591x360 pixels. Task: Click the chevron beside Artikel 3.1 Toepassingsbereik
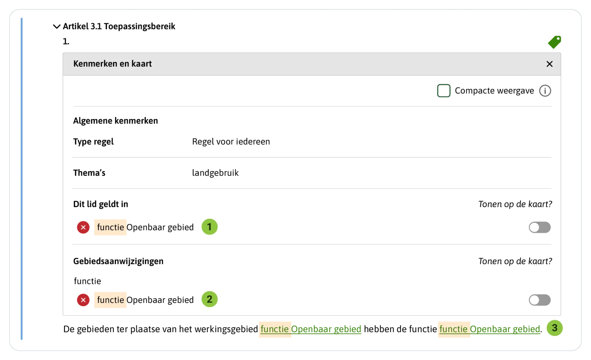click(57, 26)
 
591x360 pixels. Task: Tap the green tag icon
click(554, 42)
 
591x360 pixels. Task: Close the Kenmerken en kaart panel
click(550, 64)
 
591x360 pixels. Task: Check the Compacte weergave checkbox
click(444, 91)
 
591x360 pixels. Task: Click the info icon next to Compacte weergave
click(545, 91)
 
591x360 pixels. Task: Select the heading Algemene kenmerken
click(116, 121)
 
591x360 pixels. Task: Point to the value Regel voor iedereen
click(231, 142)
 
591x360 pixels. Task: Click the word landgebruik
click(215, 173)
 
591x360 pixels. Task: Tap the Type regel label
click(93, 142)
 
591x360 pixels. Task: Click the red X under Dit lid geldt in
click(83, 227)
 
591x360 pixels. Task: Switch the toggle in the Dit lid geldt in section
click(540, 227)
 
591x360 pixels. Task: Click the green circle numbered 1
click(209, 227)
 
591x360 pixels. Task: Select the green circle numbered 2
click(209, 299)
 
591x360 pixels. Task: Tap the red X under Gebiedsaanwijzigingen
click(83, 300)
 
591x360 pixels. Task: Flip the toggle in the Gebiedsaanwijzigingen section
click(540, 300)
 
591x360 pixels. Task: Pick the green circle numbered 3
click(554, 328)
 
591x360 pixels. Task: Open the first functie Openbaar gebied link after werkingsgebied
click(311, 329)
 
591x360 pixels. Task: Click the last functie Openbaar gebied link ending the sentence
click(490, 329)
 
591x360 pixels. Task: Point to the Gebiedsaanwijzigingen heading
click(118, 261)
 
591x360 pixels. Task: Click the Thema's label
click(89, 173)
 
